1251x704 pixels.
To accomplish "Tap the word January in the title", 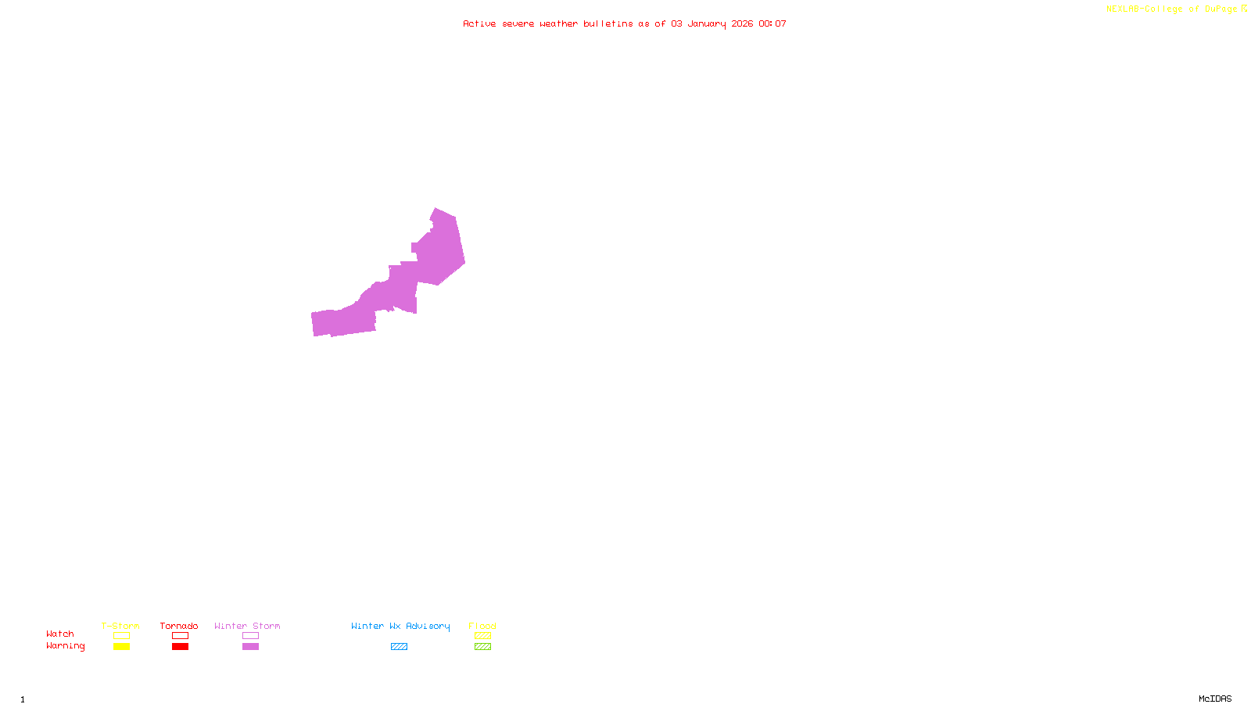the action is click(706, 23).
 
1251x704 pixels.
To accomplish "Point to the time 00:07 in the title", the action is click(772, 23).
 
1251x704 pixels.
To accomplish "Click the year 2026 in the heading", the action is click(742, 23).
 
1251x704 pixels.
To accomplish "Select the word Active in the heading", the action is click(479, 23).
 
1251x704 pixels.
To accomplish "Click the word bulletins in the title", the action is click(608, 23).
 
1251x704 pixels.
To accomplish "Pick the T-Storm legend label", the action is click(120, 626).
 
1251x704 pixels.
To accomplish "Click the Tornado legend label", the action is click(179, 626).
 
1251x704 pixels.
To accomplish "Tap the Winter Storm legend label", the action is click(247, 626).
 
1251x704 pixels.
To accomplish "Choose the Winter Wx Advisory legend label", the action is click(400, 626).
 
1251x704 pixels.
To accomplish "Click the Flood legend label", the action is click(482, 626).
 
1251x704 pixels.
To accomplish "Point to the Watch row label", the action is click(60, 634).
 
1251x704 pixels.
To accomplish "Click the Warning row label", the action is click(65, 646).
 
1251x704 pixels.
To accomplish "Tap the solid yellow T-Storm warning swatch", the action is click(121, 647).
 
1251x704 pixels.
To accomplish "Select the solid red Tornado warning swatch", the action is click(180, 647).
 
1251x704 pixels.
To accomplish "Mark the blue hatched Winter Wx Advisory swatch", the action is click(399, 647).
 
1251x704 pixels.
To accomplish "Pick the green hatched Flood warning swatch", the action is click(482, 647).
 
